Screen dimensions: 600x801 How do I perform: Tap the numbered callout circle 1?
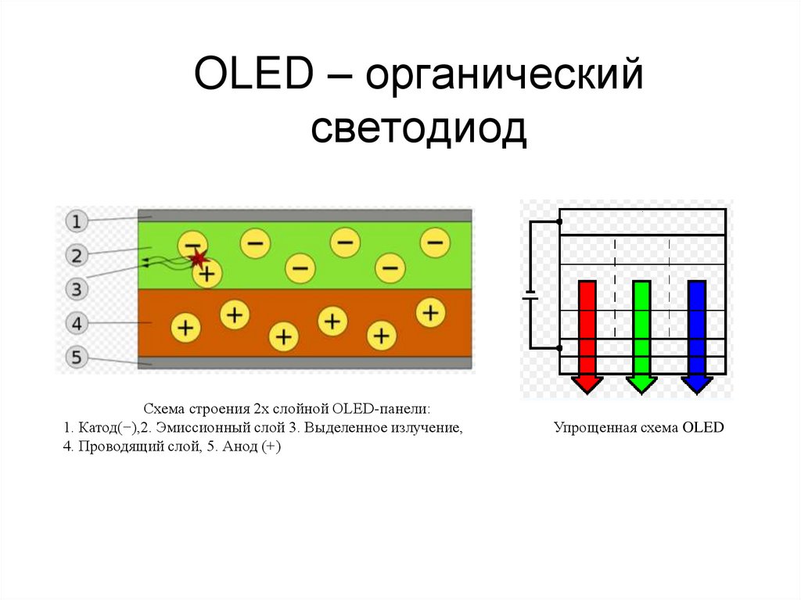point(76,222)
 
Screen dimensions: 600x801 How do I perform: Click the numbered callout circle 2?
point(76,255)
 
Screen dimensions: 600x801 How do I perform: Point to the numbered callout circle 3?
point(76,290)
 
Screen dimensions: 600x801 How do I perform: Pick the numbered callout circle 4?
point(76,323)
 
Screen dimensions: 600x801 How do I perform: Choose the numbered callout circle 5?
point(76,357)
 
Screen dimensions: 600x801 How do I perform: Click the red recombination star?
point(198,257)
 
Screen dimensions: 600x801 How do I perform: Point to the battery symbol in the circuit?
point(530,297)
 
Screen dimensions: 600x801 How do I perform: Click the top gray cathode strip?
point(304,215)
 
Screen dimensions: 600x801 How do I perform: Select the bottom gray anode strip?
point(304,362)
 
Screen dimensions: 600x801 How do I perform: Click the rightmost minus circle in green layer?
point(434,243)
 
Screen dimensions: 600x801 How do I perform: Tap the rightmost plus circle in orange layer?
point(429,312)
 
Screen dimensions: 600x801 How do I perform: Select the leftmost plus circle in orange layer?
point(185,326)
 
